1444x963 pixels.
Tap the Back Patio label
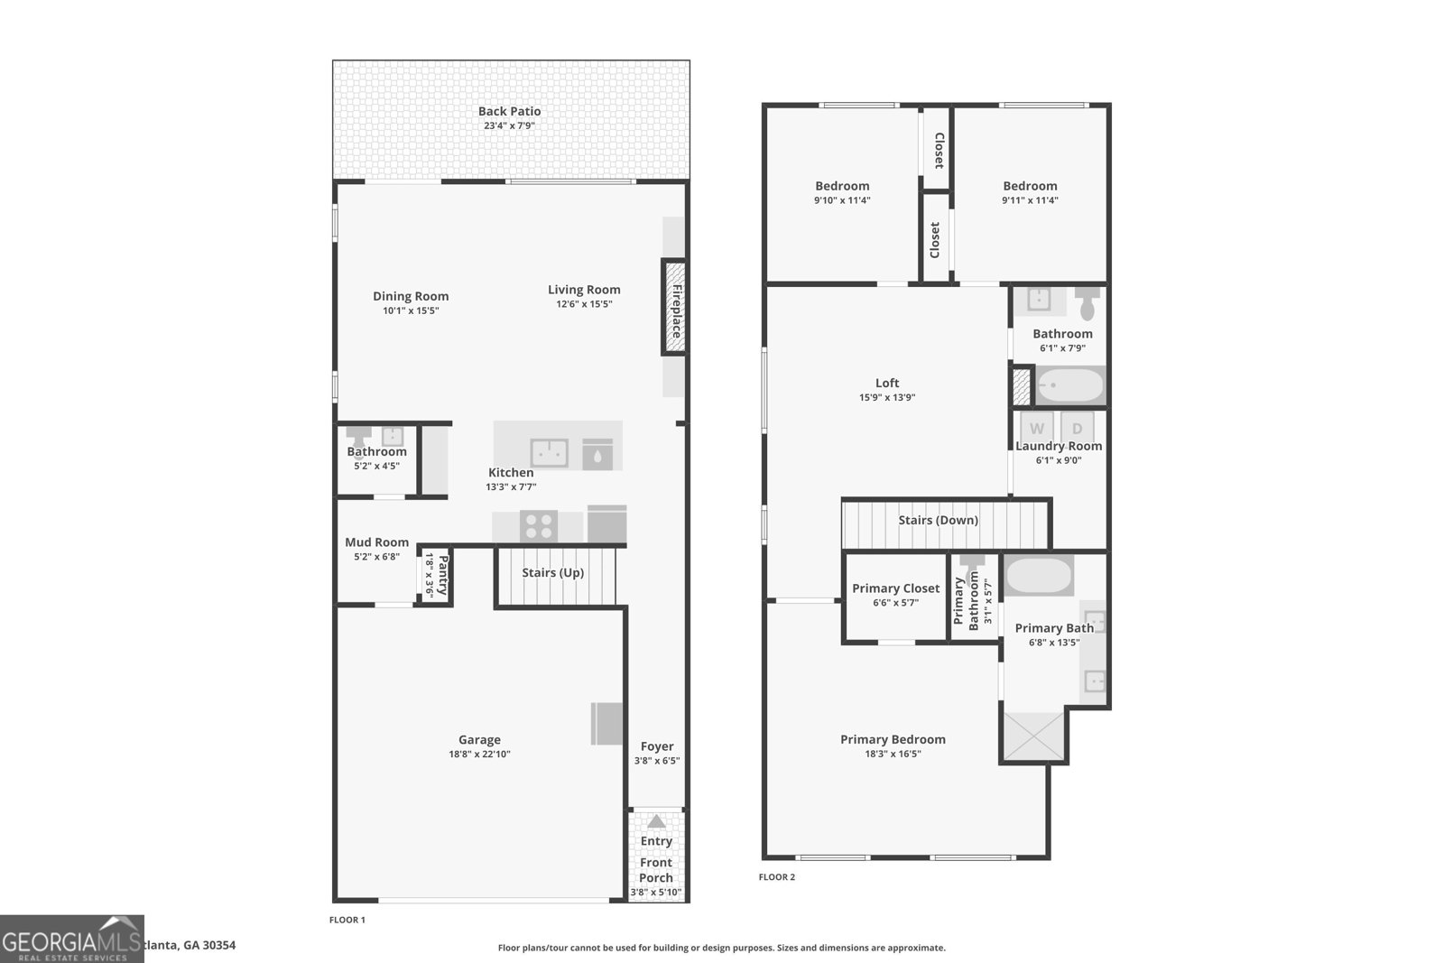click(x=509, y=112)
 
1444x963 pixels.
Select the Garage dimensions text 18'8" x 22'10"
click(x=479, y=755)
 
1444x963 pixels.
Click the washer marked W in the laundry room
click(x=1037, y=428)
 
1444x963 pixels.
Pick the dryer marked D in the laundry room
click(x=1077, y=428)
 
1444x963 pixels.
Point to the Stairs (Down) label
click(x=938, y=521)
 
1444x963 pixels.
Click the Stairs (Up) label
click(x=552, y=573)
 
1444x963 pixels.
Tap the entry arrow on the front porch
click(x=656, y=822)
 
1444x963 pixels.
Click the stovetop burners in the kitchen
click(x=539, y=525)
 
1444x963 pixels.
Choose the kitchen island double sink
click(x=549, y=453)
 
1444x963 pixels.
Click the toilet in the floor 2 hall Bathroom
click(x=1088, y=304)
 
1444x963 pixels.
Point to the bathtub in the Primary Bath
click(x=1039, y=576)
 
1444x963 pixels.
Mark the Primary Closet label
click(x=895, y=588)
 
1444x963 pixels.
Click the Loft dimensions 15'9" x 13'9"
click(x=887, y=397)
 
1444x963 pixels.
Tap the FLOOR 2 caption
click(x=776, y=877)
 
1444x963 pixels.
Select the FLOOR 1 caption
click(x=347, y=921)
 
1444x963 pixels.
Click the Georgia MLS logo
click(x=71, y=939)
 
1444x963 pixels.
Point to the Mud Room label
click(x=376, y=542)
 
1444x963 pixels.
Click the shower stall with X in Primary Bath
click(x=1033, y=737)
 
